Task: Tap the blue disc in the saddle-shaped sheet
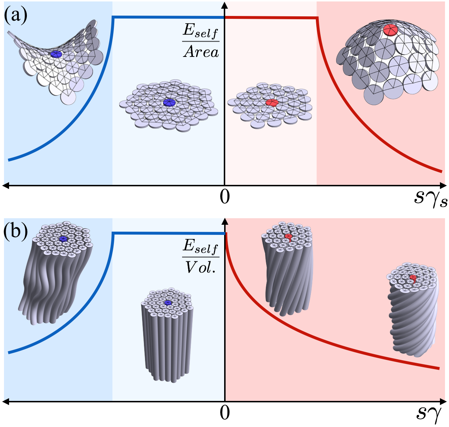56,54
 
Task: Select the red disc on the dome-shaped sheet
390,30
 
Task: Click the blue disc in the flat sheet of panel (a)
169,103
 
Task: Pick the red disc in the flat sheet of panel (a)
272,103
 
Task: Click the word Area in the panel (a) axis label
201,52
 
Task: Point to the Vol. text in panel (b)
201,267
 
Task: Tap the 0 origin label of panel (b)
225,413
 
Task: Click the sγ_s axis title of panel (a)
430,199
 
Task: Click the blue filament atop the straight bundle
167,302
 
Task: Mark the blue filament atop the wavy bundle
63,239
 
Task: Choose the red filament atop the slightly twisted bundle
288,237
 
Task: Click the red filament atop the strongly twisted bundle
413,278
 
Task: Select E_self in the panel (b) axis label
201,247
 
